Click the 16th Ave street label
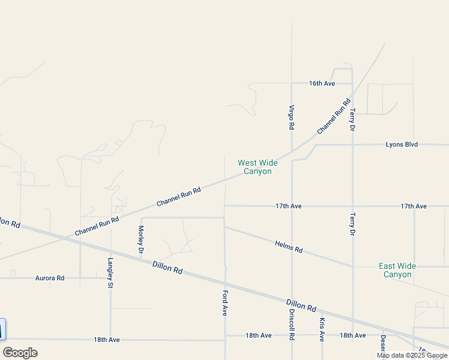click(x=322, y=83)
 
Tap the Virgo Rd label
click(x=291, y=117)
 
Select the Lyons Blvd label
click(x=402, y=145)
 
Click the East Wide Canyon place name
click(x=397, y=270)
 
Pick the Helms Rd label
click(x=289, y=246)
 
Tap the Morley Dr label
click(x=141, y=238)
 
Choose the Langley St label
click(x=110, y=273)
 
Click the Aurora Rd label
click(x=50, y=278)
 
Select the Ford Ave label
click(x=224, y=303)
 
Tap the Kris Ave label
click(x=322, y=329)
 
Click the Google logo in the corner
click(x=20, y=353)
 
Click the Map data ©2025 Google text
click(x=412, y=355)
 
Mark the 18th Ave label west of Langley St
click(x=106, y=340)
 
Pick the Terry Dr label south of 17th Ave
click(x=352, y=223)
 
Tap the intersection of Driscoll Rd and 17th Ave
click(x=292, y=206)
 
